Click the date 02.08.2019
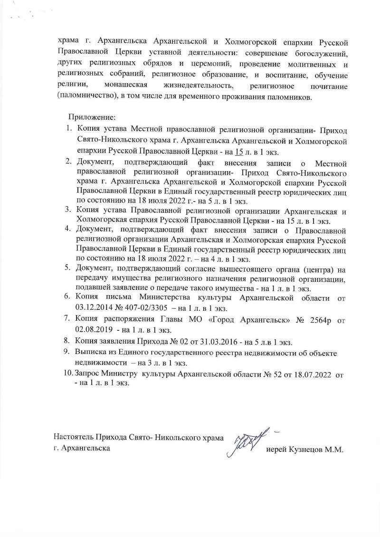(x=93, y=328)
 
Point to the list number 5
(x=68, y=268)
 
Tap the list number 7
(x=68, y=319)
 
